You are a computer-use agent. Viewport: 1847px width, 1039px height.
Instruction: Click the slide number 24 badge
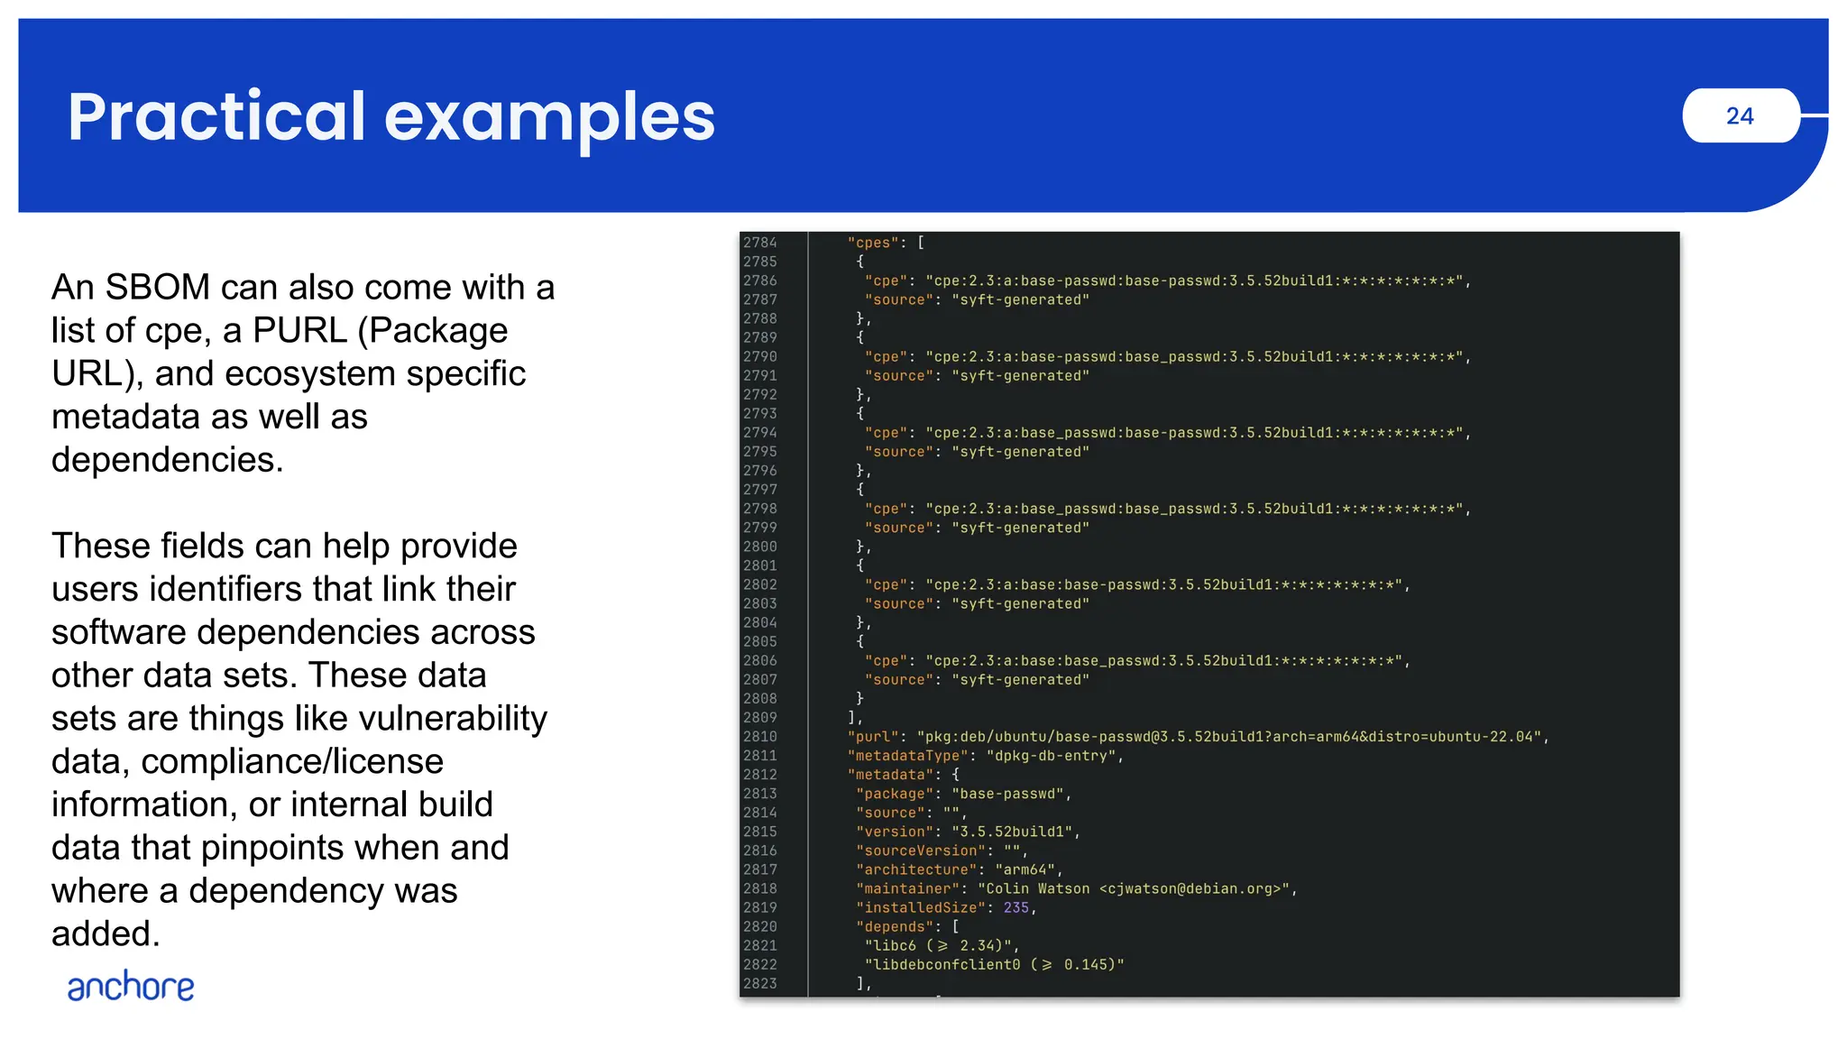coord(1740,115)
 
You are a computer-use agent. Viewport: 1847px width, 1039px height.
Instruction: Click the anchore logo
coord(131,987)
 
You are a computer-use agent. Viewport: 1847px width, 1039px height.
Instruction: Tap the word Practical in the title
coord(216,117)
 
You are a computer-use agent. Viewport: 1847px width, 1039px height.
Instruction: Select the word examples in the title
coord(549,117)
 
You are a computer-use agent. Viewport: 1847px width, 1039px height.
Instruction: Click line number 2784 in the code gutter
coord(760,243)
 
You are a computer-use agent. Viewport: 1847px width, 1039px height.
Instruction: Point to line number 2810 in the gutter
coord(760,737)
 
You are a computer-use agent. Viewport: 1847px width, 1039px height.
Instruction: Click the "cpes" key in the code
coord(873,243)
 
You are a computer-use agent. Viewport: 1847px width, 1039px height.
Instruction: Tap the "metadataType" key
coord(907,756)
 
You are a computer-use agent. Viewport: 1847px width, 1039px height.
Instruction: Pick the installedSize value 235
coord(1015,907)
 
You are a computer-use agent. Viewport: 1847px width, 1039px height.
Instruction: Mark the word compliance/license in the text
coord(292,762)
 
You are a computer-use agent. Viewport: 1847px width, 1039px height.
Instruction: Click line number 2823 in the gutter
coord(760,983)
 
